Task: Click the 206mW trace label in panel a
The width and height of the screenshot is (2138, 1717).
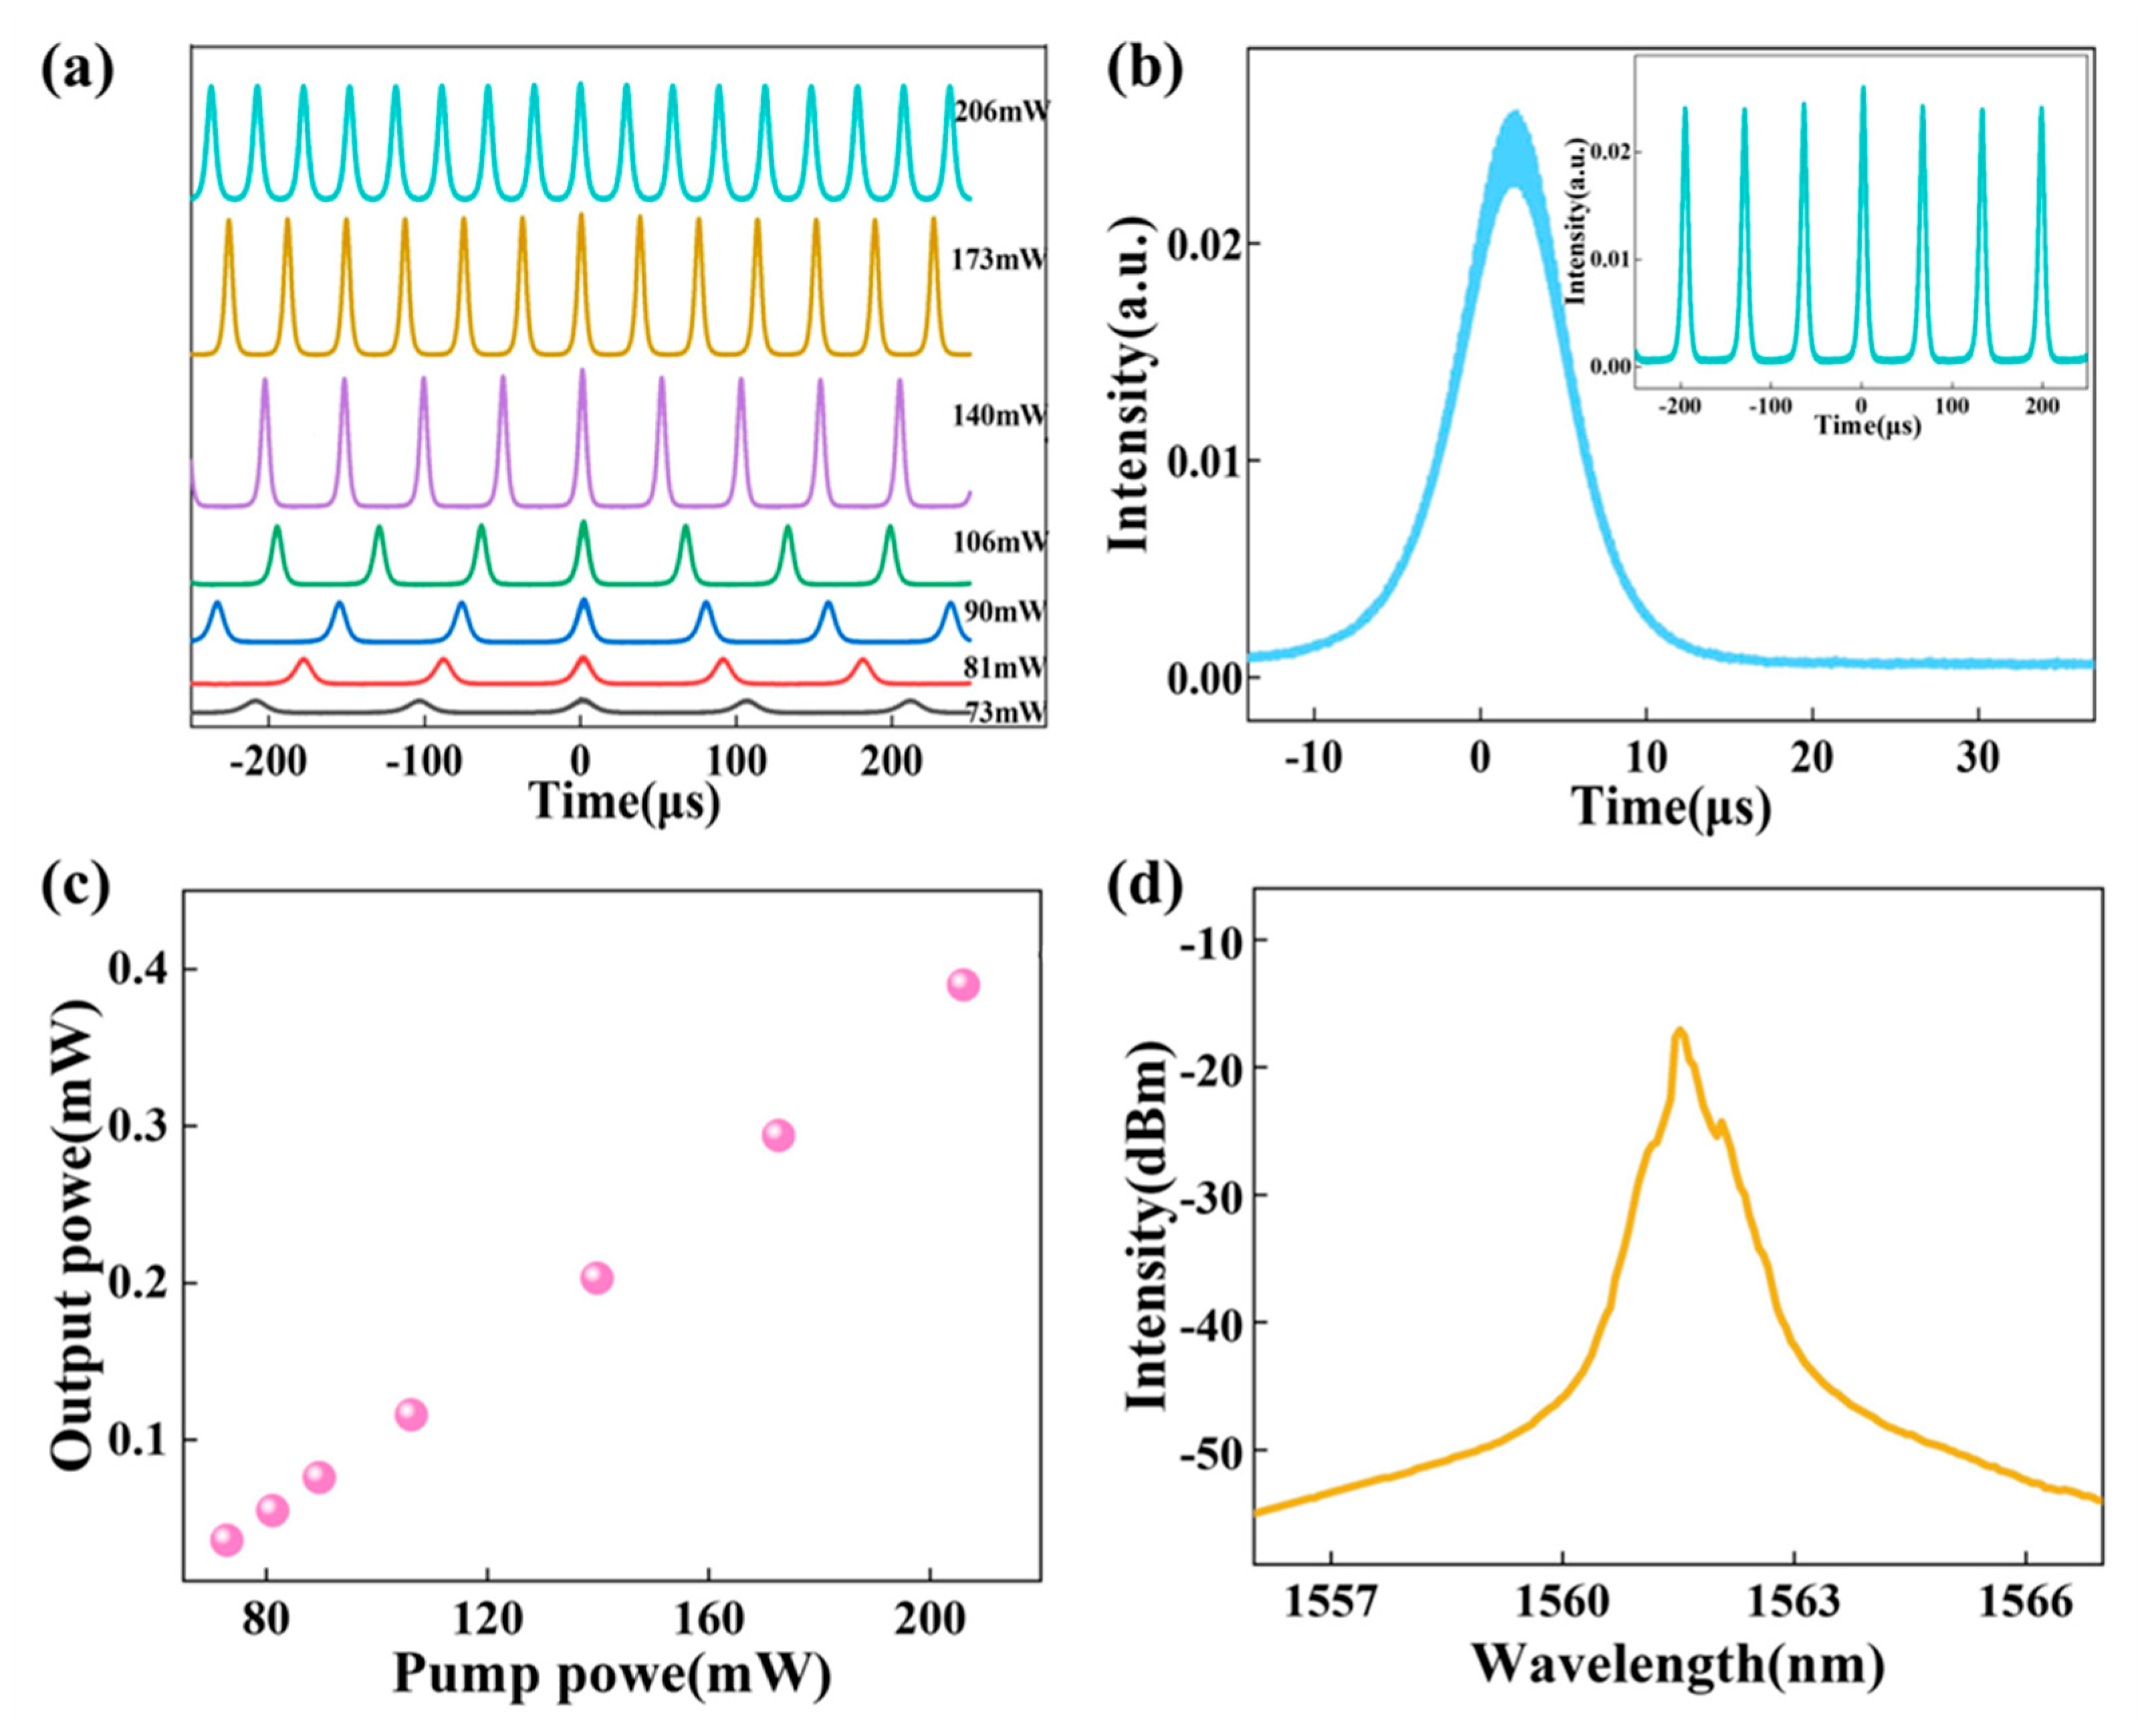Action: coord(999,110)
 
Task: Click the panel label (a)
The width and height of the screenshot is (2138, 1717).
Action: coord(78,72)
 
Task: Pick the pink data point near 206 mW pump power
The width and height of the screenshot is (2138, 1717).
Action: coord(963,985)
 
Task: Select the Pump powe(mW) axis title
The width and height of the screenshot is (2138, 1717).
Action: coord(612,1674)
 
